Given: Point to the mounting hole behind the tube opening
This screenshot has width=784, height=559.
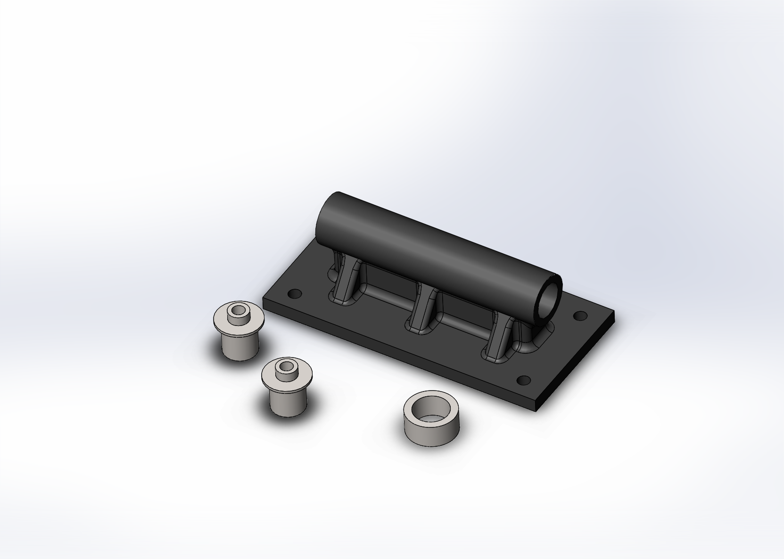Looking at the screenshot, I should [580, 315].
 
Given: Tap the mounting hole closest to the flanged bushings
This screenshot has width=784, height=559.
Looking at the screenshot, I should [295, 293].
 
